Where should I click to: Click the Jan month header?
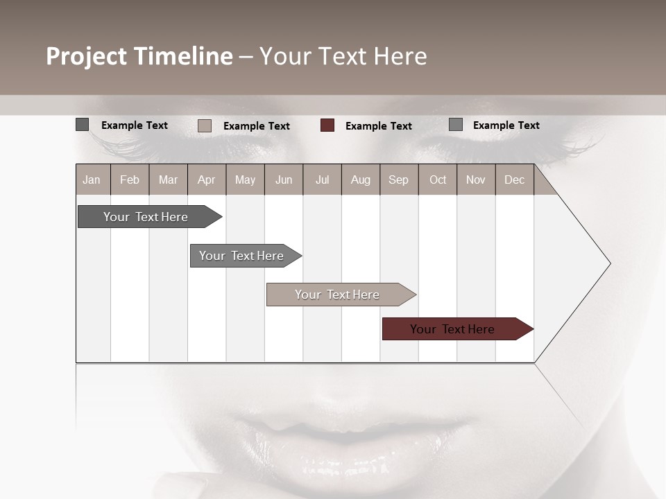coord(92,180)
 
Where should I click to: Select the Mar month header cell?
coord(168,180)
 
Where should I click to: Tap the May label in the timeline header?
coord(245,180)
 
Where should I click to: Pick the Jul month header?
coord(322,180)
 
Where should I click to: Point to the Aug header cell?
coord(360,180)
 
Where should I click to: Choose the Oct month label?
coord(438,180)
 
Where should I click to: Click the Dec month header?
coord(514,180)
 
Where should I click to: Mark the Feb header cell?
coord(130,180)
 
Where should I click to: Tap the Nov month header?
coord(476,180)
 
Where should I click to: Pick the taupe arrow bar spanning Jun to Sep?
coord(338,295)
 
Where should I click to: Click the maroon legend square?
coord(327,125)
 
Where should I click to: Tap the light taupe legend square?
coord(205,125)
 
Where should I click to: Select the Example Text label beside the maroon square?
coord(378,126)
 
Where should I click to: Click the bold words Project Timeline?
coord(139,56)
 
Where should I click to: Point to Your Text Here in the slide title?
coord(343,56)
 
